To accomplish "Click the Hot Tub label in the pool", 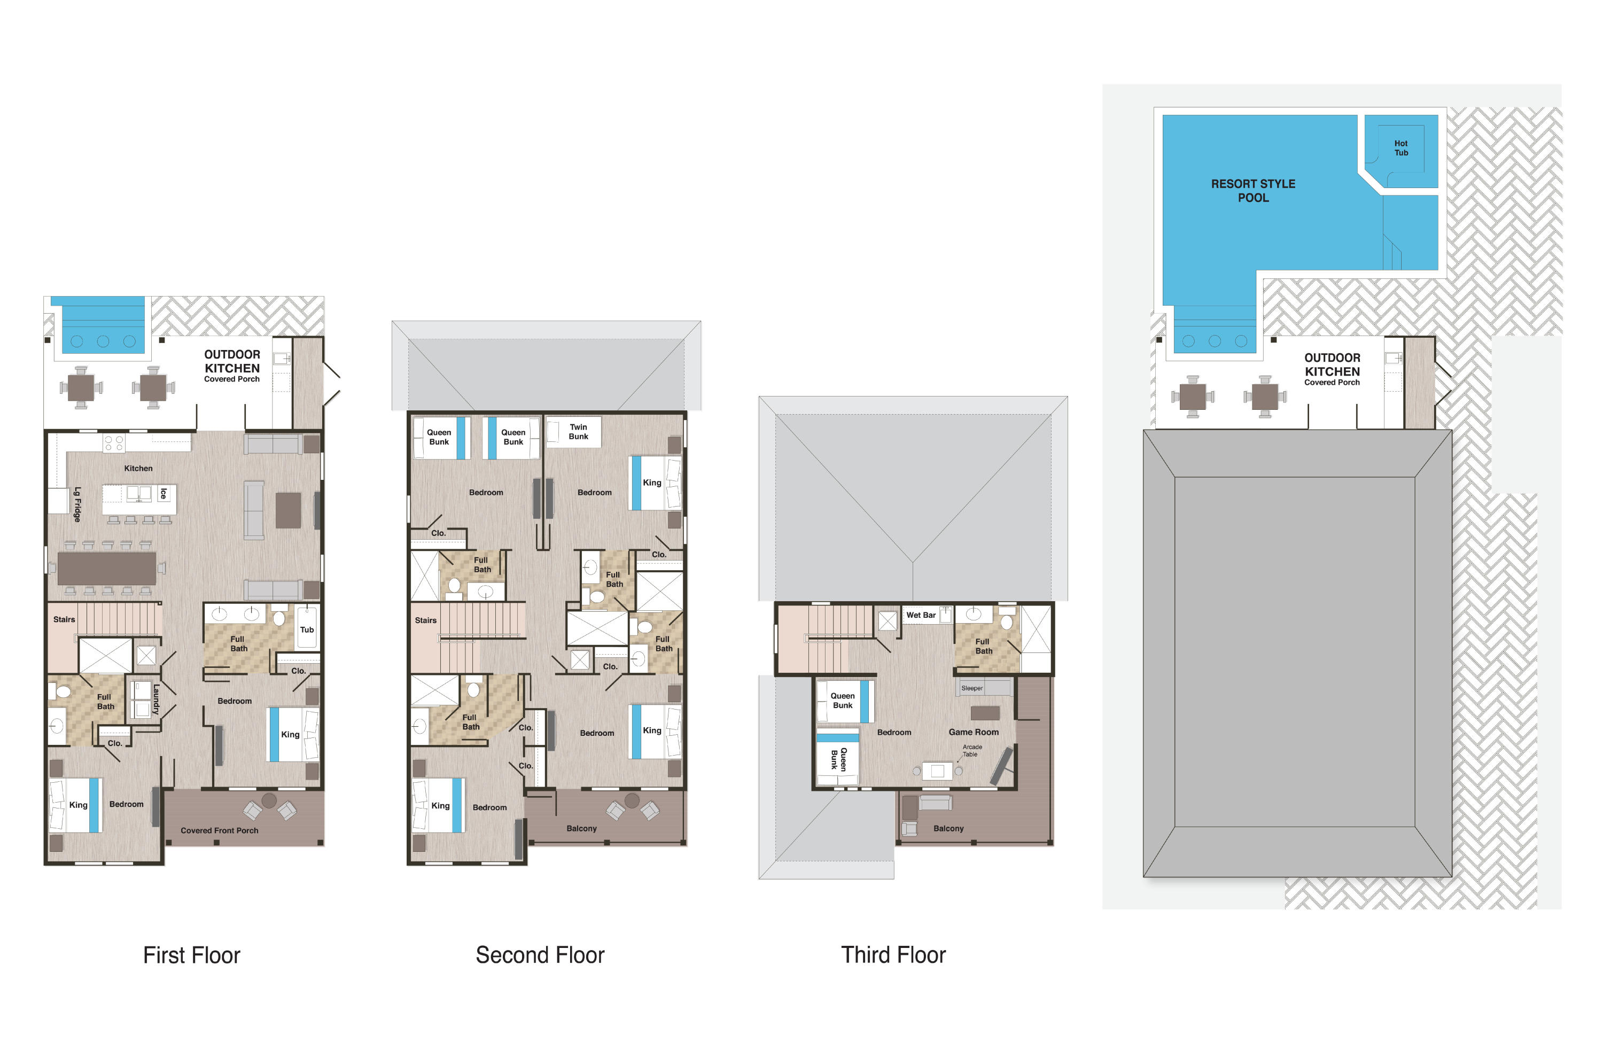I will pos(1400,148).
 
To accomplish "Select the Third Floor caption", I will pos(892,954).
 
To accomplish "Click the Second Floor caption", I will pos(540,954).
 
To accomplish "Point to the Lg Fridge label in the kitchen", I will pos(77,504).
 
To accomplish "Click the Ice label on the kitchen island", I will pos(163,494).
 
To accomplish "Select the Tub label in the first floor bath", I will pos(307,630).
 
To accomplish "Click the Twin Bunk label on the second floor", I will pos(578,432).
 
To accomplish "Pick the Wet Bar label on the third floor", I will pos(920,615).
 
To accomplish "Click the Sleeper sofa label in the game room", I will pos(971,688).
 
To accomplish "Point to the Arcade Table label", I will pos(971,750).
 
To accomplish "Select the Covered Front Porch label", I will pos(219,830).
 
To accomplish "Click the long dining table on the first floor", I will pos(106,569).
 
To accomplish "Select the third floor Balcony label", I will pos(948,828).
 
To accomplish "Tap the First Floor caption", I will pos(191,954).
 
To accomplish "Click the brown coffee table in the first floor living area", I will pos(288,510).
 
